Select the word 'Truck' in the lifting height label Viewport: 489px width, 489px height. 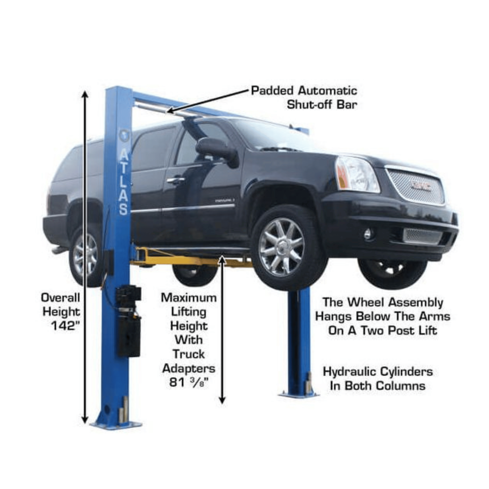click(x=189, y=354)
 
